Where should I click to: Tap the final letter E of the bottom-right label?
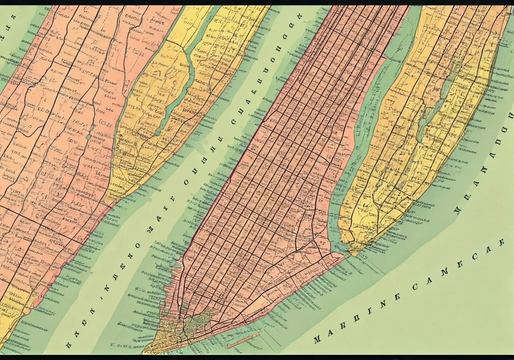click(500, 243)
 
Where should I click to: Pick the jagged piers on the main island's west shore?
click(177, 265)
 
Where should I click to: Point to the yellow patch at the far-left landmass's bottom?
click(12, 309)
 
